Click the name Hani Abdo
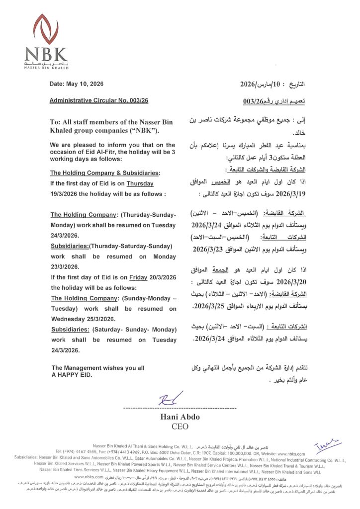click(180, 417)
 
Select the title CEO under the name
click(180, 426)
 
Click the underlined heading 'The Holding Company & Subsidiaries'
click(105, 173)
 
